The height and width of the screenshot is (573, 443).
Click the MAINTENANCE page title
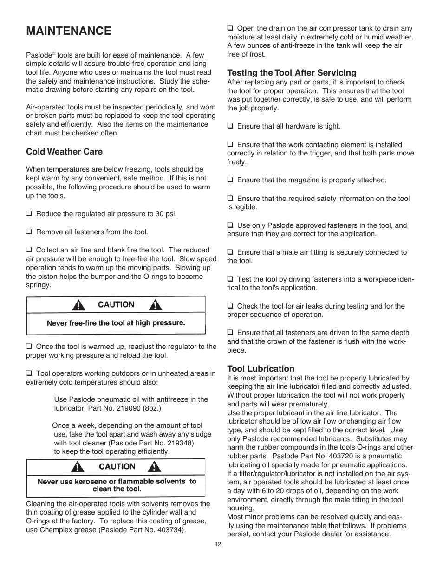(x=69, y=31)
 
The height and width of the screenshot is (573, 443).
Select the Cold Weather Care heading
(x=64, y=152)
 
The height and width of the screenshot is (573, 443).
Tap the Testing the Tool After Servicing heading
(x=292, y=72)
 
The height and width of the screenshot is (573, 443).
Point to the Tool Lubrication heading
(x=261, y=369)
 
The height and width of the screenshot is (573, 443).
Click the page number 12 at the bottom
(x=218, y=545)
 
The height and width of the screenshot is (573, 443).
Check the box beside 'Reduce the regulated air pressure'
(x=29, y=214)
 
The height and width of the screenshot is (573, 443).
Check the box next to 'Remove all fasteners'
(x=29, y=232)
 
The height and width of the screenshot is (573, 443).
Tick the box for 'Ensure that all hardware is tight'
(x=230, y=126)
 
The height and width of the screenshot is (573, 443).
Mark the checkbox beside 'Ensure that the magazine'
(x=230, y=180)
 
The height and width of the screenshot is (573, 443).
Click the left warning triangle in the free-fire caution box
(x=80, y=305)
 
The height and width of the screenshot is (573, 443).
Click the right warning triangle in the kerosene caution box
(x=156, y=466)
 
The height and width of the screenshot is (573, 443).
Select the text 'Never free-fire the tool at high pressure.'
(x=116, y=323)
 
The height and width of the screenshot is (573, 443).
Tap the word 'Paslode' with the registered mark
(x=39, y=55)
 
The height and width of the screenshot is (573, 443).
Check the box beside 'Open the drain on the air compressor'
(x=230, y=28)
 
